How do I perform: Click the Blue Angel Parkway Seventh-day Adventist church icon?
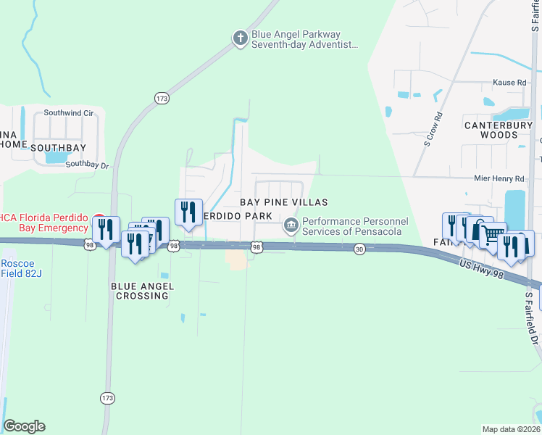241,39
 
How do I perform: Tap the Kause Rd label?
509,83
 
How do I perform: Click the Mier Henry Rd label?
498,178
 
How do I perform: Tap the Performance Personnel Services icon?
291,226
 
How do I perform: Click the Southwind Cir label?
69,113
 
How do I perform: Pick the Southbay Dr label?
86,165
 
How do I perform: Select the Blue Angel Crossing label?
141,291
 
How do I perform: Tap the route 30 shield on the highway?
359,249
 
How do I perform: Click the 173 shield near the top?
161,97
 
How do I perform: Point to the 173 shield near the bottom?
108,398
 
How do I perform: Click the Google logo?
24,426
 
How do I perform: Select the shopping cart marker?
493,234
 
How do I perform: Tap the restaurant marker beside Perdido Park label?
188,212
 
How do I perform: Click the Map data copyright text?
511,429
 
